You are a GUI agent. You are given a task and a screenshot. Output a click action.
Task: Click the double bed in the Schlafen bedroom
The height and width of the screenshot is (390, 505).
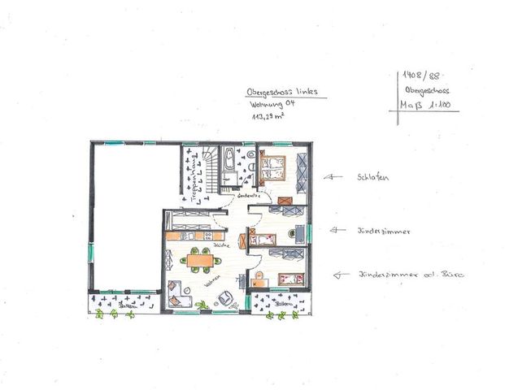273,169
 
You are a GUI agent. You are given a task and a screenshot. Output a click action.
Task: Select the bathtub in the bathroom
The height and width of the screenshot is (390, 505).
229,160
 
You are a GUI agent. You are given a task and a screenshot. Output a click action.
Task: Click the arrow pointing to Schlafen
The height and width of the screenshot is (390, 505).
333,175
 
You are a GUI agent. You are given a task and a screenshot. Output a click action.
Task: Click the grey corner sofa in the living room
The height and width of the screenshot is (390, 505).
176,292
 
